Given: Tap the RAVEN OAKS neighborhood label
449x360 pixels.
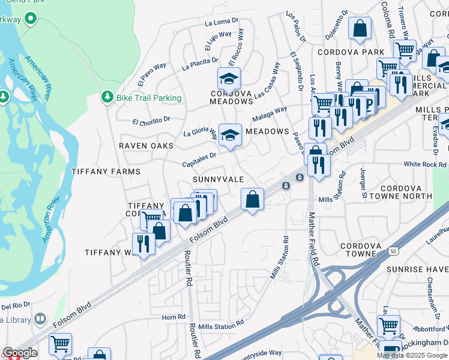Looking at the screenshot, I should tap(146, 146).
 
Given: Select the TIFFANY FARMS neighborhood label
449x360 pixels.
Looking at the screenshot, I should tap(106, 172).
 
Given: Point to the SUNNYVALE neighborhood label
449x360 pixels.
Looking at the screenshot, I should tap(218, 179).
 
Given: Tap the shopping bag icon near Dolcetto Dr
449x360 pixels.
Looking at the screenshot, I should tap(360, 28).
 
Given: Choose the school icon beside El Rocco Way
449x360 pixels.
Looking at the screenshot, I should tap(228, 79).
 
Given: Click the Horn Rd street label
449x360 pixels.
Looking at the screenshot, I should tap(173, 317).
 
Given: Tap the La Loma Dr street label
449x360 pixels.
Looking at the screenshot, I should tap(218, 23).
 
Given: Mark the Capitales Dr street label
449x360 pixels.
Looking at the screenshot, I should tap(199, 159).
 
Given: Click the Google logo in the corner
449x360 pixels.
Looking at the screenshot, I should tap(20, 353).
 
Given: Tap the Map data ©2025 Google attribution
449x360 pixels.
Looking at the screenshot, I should tap(412, 355).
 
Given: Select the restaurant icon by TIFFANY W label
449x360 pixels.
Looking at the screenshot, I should tap(143, 243).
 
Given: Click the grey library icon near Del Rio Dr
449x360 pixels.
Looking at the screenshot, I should tap(40, 319).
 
